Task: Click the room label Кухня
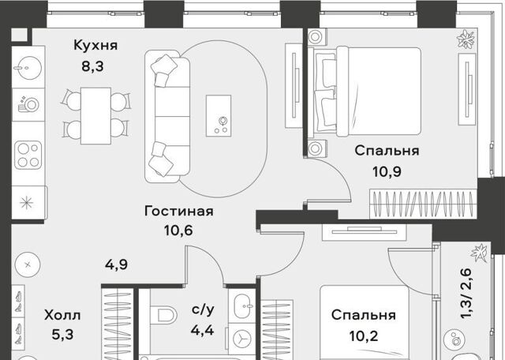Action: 95,46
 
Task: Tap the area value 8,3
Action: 92,66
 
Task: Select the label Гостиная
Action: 179,212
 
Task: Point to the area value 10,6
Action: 178,230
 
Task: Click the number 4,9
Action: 116,264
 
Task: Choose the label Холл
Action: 62,315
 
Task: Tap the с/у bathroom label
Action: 203,309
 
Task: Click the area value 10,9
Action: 387,172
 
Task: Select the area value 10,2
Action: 364,336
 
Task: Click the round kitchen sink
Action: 28,68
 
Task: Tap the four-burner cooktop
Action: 28,155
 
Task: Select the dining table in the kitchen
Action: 95,116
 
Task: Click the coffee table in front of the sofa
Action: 219,115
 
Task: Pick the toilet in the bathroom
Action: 164,314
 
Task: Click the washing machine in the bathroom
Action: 242,340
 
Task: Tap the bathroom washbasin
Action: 243,306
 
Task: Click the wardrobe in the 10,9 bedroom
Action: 423,204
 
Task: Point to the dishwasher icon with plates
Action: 28,104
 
